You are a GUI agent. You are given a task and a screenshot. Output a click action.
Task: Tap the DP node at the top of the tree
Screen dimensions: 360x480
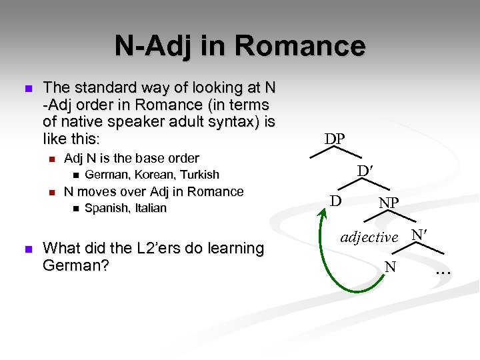[334, 139]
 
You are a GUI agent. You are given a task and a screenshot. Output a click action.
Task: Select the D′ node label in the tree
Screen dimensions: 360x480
[364, 171]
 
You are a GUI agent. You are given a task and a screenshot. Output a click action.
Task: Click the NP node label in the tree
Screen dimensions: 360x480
[389, 203]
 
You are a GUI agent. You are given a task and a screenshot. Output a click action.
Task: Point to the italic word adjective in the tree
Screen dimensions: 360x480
[369, 237]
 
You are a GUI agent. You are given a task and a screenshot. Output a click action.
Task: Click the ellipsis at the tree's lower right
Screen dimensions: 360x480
[443, 270]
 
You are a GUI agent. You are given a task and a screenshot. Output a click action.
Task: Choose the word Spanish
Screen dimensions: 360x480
[107, 208]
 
